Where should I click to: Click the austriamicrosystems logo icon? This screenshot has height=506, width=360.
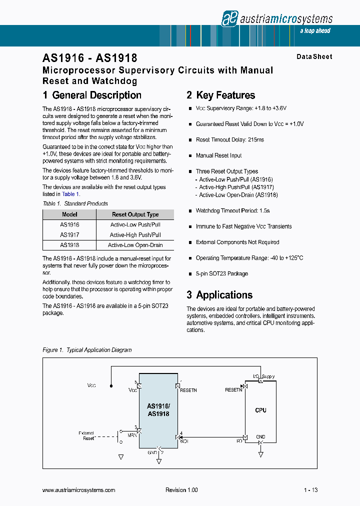pyautogui.click(x=229, y=18)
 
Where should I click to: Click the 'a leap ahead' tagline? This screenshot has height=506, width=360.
pyautogui.click(x=315, y=31)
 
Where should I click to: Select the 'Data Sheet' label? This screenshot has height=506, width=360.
pyautogui.click(x=314, y=57)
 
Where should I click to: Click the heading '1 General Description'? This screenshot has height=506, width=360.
pyautogui.click(x=92, y=95)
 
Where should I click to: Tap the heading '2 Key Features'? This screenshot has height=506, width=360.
pyautogui.click(x=220, y=95)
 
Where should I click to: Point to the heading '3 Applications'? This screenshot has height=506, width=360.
pyautogui.click(x=219, y=295)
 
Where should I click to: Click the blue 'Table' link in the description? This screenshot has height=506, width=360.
pyautogui.click(x=68, y=194)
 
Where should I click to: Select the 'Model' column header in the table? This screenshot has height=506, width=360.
pyautogui.click(x=69, y=214)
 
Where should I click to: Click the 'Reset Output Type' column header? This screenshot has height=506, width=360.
pyautogui.click(x=135, y=214)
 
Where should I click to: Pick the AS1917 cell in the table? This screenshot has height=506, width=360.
pyautogui.click(x=69, y=235)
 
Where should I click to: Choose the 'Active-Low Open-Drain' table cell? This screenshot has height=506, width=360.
pyautogui.click(x=135, y=245)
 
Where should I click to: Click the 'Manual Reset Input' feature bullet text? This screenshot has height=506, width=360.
pyautogui.click(x=218, y=155)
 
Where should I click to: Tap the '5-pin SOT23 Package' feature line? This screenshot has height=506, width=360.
pyautogui.click(x=221, y=274)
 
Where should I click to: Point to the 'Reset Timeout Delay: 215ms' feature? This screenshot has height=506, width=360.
pyautogui.click(x=229, y=140)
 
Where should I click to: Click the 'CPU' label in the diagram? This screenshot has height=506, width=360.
pyautogui.click(x=260, y=410)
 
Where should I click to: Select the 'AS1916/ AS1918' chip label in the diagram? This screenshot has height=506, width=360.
pyautogui.click(x=158, y=410)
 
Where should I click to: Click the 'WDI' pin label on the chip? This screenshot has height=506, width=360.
pyautogui.click(x=184, y=441)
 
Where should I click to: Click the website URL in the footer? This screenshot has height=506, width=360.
pyautogui.click(x=79, y=490)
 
